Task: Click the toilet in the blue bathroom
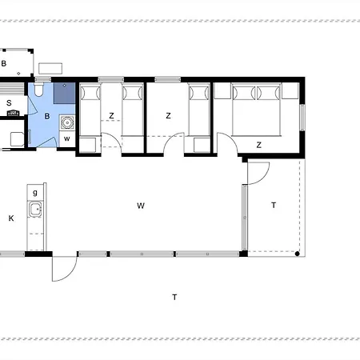(x=38, y=90)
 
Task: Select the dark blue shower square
(x=64, y=93)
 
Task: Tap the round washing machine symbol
(x=67, y=122)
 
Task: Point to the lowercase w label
(x=67, y=138)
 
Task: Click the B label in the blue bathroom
(x=47, y=116)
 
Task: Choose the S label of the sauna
(x=9, y=102)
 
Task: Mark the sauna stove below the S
(x=13, y=113)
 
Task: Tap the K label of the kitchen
(x=11, y=218)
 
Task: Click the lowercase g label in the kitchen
(x=35, y=193)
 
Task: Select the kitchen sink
(x=35, y=210)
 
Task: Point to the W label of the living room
(x=141, y=206)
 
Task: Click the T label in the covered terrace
(x=274, y=205)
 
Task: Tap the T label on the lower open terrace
(x=174, y=297)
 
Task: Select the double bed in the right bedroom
(x=257, y=110)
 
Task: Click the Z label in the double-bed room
(x=258, y=145)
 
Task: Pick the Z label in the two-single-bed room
(x=111, y=116)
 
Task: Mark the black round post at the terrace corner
(x=297, y=254)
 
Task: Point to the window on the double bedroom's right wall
(x=302, y=118)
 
